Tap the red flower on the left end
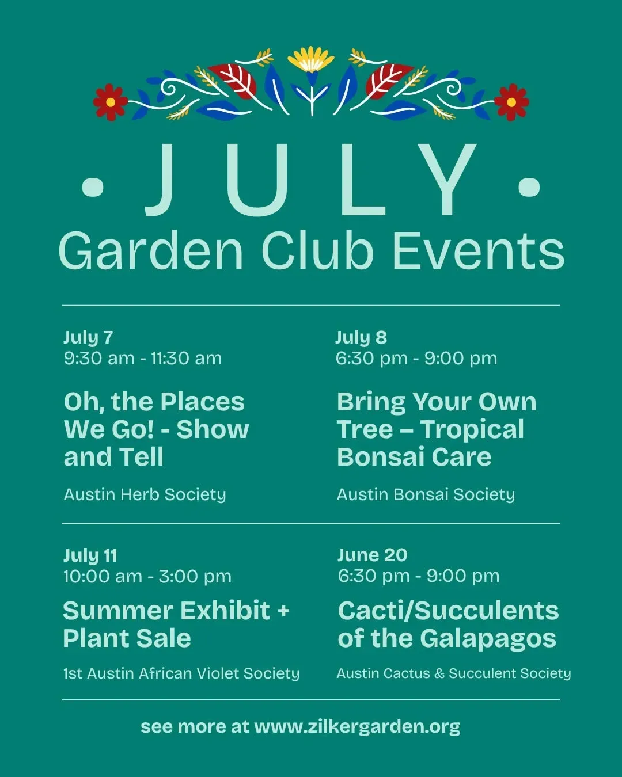pos(111,102)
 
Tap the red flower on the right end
pos(511,102)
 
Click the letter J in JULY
pos(161,180)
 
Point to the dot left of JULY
pos(93,187)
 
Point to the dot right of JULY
pos(529,187)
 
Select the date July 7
pos(89,338)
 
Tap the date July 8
pos(361,338)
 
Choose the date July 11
pos(90,555)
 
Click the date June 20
pos(372,555)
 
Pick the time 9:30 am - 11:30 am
pos(143,359)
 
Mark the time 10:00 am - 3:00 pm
pos(147,576)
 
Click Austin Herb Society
pos(145,494)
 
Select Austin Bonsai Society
pos(426,494)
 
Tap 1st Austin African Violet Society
pos(181,673)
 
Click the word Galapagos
pos(488,639)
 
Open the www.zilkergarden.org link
pos(358,726)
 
